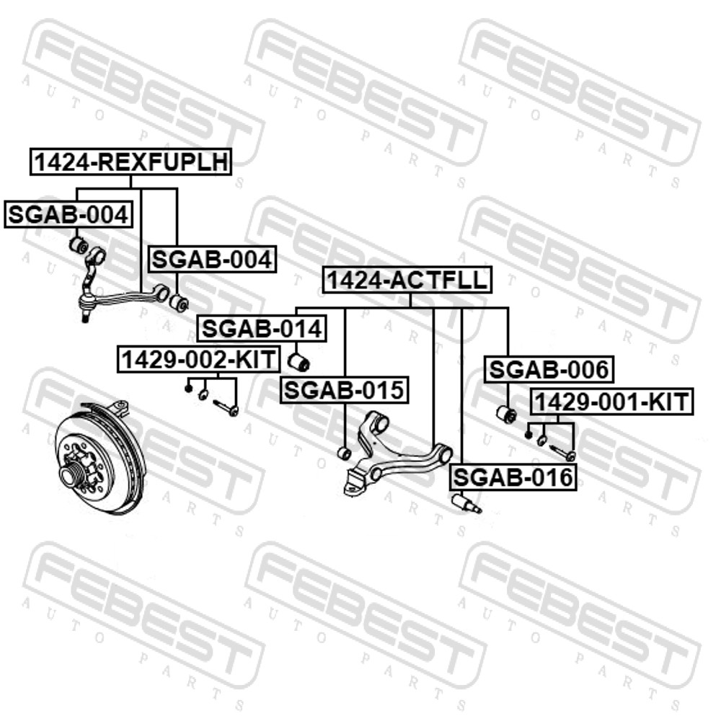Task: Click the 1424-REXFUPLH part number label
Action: (x=131, y=162)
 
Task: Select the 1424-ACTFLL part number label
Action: (x=407, y=280)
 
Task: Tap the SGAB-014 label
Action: (x=262, y=328)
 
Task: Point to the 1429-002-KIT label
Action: (x=199, y=359)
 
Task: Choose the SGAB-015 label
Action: (x=345, y=390)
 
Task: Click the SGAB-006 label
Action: (x=549, y=369)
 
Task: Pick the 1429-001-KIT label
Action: (x=612, y=402)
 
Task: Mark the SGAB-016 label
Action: (x=513, y=477)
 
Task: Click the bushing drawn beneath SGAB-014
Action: (x=299, y=363)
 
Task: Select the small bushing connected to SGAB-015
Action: (x=344, y=453)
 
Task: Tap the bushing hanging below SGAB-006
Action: (x=507, y=415)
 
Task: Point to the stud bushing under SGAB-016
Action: (x=466, y=503)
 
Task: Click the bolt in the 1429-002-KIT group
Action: (x=226, y=407)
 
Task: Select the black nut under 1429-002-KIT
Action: (x=187, y=389)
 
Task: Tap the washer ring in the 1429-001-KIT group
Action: (x=541, y=441)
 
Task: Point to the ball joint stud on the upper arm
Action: (x=84, y=317)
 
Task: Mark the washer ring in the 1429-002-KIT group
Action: (x=203, y=394)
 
